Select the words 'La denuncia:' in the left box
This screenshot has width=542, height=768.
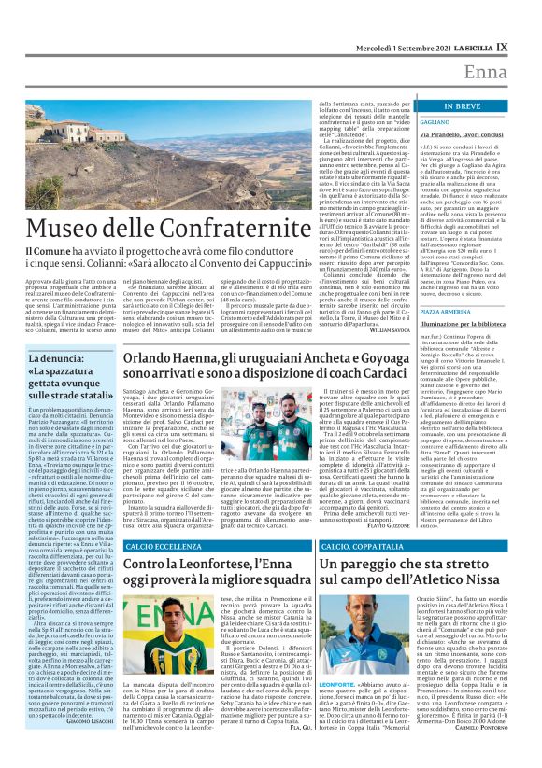pos(60,359)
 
